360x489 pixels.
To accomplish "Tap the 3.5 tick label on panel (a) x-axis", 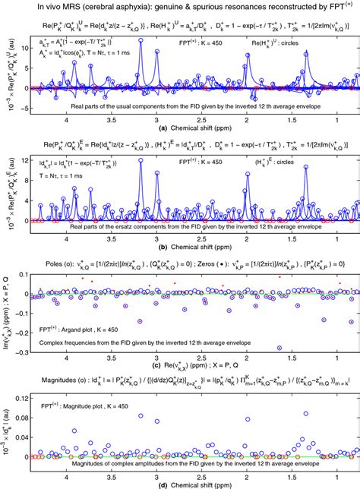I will coord(112,119).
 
